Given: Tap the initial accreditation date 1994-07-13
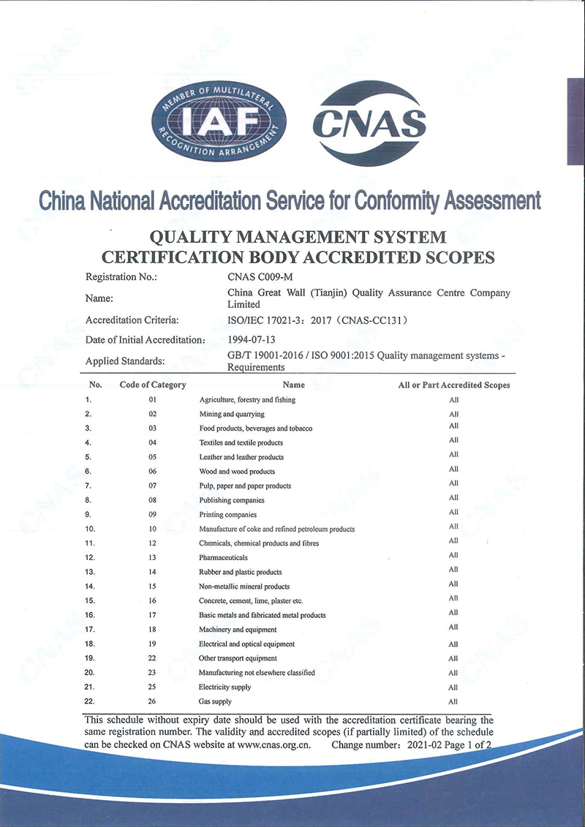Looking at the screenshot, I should (x=252, y=339).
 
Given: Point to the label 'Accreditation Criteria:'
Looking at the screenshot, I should (x=132, y=320).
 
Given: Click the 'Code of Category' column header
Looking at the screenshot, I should (x=153, y=385).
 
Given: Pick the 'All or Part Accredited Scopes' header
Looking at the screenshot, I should (x=454, y=385).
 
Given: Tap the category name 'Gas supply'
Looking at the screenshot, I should (x=216, y=701).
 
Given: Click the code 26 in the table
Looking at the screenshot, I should (x=153, y=701).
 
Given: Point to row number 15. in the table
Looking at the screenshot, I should (x=88, y=600).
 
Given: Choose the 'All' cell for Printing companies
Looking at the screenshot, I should (x=453, y=512).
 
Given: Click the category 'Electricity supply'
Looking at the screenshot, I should (x=225, y=687).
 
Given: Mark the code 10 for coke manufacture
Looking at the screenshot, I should (x=153, y=529).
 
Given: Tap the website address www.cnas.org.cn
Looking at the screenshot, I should (x=275, y=745).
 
